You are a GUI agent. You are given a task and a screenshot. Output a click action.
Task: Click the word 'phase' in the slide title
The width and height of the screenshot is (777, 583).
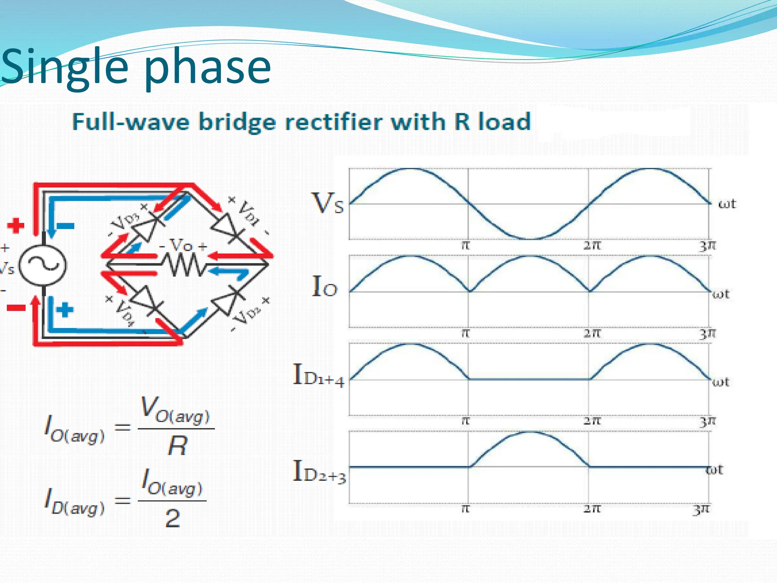(x=208, y=68)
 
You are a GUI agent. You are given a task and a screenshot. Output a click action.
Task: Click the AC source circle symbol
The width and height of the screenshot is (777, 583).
(x=42, y=265)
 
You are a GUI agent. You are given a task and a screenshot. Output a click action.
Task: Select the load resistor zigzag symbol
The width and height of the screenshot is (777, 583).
(x=185, y=264)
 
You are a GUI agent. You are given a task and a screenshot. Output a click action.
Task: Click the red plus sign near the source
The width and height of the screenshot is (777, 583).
(x=16, y=225)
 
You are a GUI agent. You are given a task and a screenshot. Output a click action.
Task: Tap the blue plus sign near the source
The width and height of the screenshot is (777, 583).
(x=64, y=309)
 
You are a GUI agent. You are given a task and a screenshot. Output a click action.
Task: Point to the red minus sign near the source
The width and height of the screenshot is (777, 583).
(x=16, y=308)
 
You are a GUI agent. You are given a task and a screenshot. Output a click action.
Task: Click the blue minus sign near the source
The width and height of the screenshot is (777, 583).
(x=65, y=226)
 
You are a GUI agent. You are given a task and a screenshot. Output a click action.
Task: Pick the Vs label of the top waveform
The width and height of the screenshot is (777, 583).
(x=327, y=203)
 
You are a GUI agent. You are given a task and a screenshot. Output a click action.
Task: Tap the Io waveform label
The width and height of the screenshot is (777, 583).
(x=324, y=287)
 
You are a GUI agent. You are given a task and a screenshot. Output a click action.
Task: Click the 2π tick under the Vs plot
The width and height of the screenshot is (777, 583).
(x=592, y=246)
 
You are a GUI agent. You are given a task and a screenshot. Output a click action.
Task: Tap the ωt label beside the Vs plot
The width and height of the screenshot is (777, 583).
(x=727, y=204)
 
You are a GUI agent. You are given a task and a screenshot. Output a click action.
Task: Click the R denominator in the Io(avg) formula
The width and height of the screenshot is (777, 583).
(x=177, y=446)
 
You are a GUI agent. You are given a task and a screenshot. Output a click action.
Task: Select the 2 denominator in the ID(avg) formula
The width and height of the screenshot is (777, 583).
(x=173, y=518)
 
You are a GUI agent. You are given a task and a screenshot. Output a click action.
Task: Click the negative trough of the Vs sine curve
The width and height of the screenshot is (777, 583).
(x=528, y=238)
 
